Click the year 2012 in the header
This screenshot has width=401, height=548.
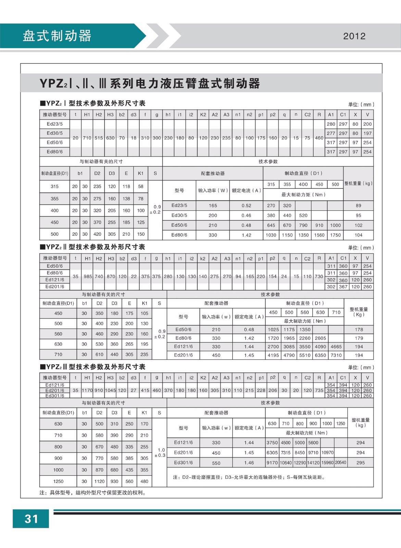354,36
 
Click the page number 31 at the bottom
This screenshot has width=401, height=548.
31,519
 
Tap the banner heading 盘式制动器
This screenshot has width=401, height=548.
57,36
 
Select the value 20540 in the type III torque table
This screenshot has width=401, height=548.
340,462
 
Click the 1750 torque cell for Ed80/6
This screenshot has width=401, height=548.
335,235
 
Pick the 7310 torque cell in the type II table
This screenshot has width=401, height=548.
336,355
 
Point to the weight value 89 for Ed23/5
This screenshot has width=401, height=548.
358,206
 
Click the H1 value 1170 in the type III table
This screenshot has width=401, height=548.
87,390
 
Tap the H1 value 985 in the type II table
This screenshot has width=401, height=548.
88,276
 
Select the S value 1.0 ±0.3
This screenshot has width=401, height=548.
160,452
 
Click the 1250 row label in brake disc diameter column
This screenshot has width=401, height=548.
58,481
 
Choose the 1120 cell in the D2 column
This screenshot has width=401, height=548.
99,481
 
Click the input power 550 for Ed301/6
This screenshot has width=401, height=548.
216,463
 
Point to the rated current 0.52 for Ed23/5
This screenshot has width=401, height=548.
246,206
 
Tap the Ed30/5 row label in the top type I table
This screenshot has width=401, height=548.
55,133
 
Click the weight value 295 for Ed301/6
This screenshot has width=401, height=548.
360,462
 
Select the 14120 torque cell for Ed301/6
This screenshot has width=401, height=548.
313,462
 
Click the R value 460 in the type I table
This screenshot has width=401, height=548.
319,138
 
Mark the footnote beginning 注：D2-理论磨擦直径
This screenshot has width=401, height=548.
249,477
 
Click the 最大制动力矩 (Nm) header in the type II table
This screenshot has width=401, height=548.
304,321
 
